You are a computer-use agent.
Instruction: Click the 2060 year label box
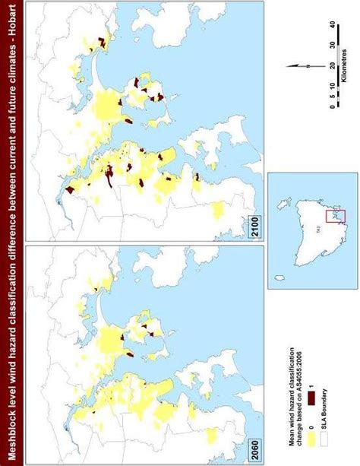(256, 448)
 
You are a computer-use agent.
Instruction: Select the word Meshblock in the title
(10, 433)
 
